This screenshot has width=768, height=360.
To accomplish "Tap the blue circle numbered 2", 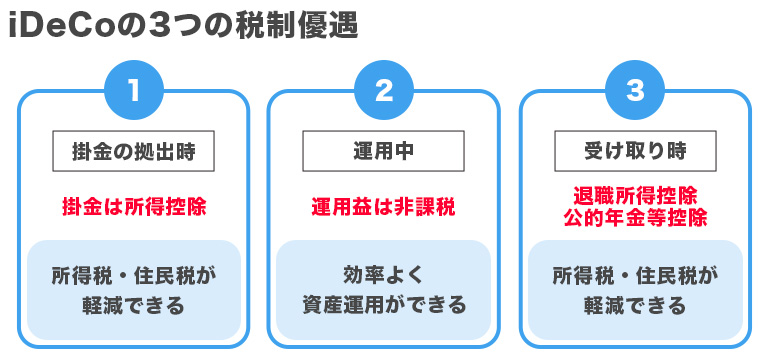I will click(x=384, y=91).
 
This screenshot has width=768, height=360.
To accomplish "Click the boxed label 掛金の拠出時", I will click(x=133, y=153).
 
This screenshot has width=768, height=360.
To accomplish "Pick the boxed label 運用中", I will click(x=384, y=153).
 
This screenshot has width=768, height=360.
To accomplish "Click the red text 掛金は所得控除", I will click(x=133, y=207).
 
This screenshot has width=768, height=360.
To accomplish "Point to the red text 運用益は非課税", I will click(x=384, y=207).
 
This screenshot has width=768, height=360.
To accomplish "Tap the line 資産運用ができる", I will click(x=384, y=305).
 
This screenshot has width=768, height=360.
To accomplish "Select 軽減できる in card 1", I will click(x=133, y=305).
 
